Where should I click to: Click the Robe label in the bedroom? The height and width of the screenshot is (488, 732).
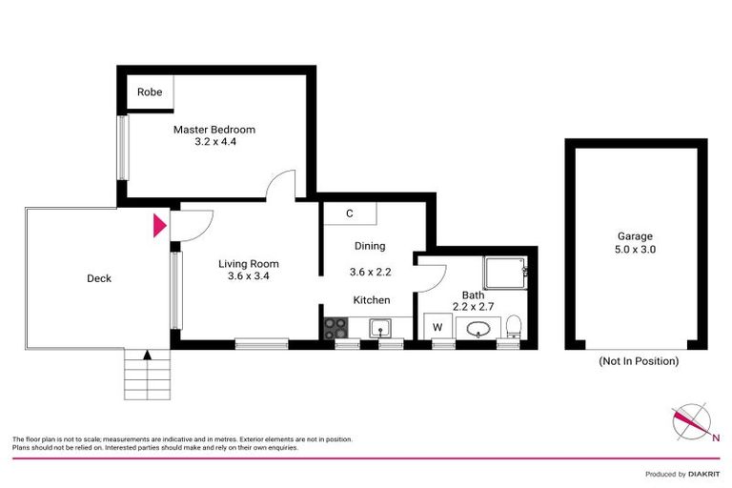[x=150, y=92]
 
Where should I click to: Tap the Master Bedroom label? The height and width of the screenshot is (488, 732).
[x=213, y=130]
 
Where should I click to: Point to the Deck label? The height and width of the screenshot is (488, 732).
[x=98, y=278]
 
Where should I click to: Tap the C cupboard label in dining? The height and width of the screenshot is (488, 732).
[x=350, y=213]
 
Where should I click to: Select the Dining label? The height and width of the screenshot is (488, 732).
[x=369, y=245]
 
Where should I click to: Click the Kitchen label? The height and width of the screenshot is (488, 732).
[x=372, y=300]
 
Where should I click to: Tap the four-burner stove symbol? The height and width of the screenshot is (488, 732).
[x=336, y=328]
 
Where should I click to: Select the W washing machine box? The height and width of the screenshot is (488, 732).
[x=438, y=328]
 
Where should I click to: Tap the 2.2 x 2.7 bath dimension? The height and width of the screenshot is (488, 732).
[x=474, y=306]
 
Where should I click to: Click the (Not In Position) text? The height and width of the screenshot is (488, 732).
[x=639, y=361]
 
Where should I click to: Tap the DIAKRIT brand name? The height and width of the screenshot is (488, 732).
[x=703, y=474]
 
